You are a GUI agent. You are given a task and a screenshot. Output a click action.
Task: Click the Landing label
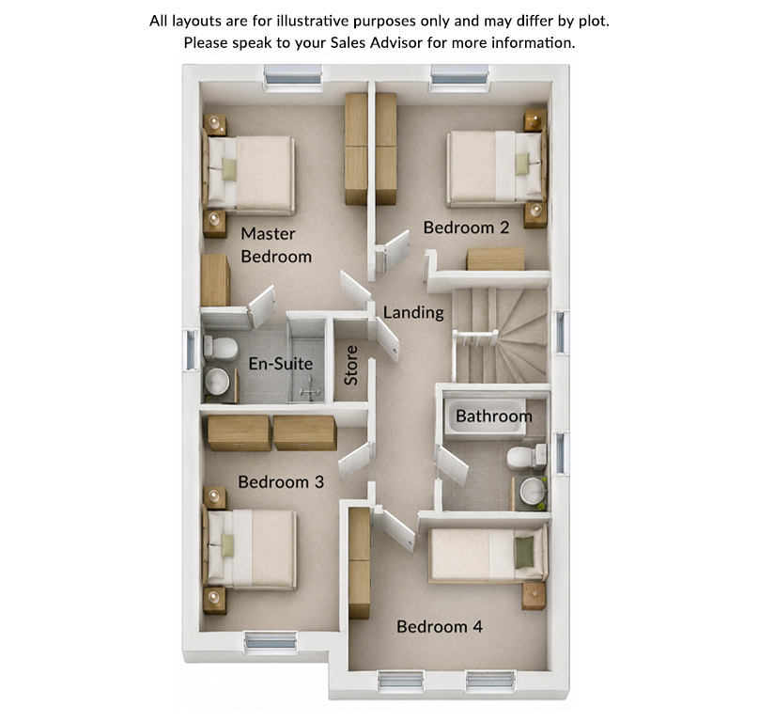pos(413,313)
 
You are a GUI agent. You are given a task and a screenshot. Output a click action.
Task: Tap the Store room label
pos(351,366)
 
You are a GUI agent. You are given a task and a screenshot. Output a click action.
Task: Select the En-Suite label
pos(281,364)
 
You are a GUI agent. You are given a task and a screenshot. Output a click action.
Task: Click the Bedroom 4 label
pos(440,626)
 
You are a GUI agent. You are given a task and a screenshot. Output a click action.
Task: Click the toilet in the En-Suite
pos(221,348)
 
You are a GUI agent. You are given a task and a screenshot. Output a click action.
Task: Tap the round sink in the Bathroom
pos(533,491)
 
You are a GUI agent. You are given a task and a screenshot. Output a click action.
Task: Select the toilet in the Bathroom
pos(527,458)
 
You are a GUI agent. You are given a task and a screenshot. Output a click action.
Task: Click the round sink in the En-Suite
pos(216,382)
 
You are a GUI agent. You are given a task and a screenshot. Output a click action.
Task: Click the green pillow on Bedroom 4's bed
pos(524,553)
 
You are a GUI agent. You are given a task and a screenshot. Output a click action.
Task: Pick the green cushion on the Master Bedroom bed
pos(229,169)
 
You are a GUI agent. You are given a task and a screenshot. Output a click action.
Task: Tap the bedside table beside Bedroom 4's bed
pos(534,596)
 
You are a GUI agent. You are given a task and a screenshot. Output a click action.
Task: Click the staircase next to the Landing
pos(501,336)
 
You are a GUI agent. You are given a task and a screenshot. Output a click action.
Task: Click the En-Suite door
pos(262,307)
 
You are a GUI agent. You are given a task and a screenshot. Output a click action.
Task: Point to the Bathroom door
pos(452,465)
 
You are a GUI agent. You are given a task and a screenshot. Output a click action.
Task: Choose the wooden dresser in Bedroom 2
pos(495,259)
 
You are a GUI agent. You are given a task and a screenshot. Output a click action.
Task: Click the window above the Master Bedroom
pos(293,77)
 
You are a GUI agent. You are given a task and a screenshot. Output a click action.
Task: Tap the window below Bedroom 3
pos(271,642)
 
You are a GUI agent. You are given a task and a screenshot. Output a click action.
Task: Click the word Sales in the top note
pos(349,42)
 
